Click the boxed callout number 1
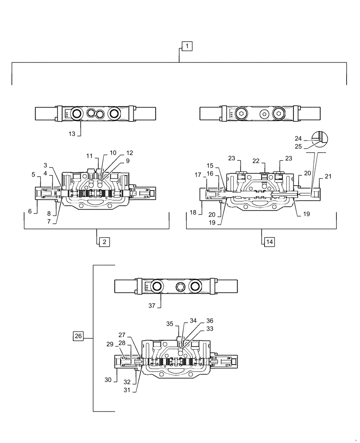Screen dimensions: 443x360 coord(187,46)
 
